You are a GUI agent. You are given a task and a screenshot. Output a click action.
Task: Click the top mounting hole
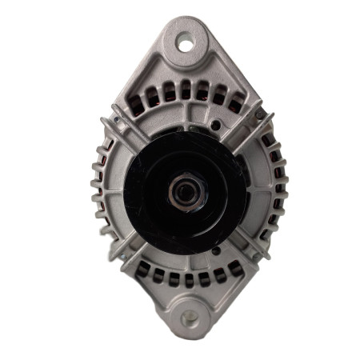(186, 42)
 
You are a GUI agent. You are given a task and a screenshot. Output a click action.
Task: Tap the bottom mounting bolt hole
(190, 318)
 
